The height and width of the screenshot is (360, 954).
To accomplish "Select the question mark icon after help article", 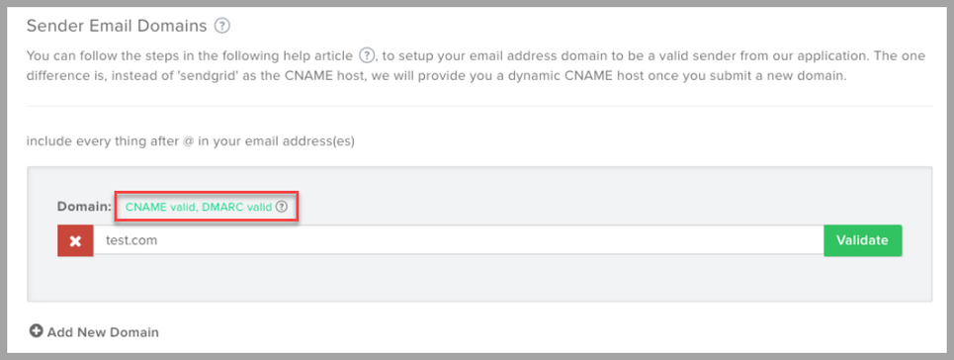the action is coord(368,56).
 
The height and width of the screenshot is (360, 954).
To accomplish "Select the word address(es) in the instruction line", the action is coord(319,140).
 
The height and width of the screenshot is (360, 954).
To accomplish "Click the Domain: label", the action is coord(85,208).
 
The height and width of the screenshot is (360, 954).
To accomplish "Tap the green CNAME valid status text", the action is coord(163,208).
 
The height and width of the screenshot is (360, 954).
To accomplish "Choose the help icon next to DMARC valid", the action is coord(282,208).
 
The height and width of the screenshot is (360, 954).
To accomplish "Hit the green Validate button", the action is coord(862,240).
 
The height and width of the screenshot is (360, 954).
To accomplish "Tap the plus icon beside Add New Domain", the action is coord(37,331).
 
